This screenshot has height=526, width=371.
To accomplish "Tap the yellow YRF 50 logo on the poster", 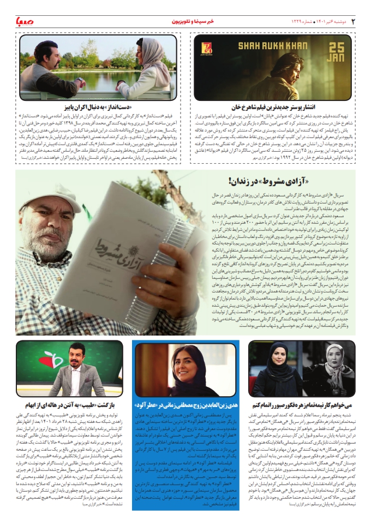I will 208,50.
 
